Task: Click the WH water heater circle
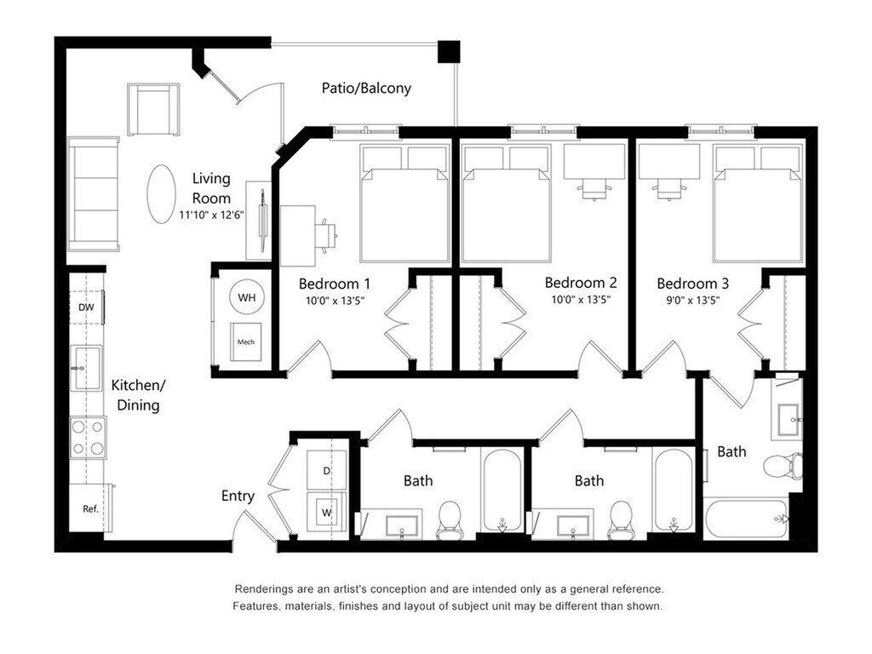coord(246,297)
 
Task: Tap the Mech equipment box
coord(246,341)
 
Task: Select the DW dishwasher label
coord(86,307)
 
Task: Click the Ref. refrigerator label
coord(90,508)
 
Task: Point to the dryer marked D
coord(326,470)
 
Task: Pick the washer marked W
coord(326,512)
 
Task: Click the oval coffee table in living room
coord(161,193)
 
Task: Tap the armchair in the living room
coord(153,109)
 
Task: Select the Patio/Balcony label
coord(366,88)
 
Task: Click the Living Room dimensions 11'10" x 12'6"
coord(211,215)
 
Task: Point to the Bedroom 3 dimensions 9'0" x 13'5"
coord(692,301)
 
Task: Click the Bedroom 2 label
coord(581,283)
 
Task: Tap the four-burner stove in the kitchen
coord(88,437)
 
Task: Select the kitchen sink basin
coord(86,368)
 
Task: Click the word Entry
coord(238,496)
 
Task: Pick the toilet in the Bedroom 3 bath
coord(783,466)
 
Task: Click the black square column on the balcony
coord(449,51)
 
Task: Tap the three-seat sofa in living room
coord(94,193)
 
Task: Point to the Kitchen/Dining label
coord(138,395)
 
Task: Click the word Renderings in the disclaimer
coord(262,589)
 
